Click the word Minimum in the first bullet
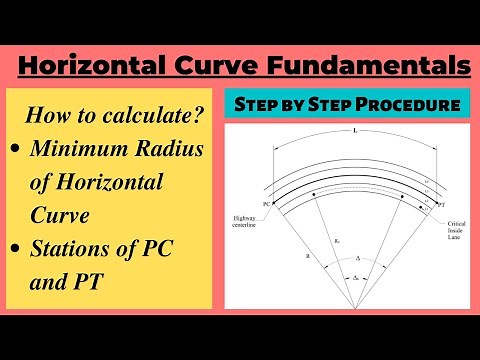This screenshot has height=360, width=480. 75,151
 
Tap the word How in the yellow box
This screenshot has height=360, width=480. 51,115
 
